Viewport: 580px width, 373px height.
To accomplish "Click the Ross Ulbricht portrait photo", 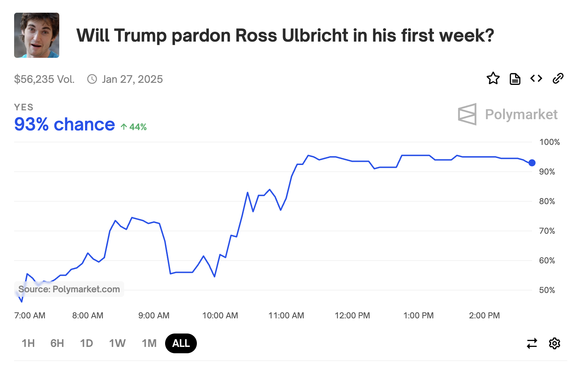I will click(x=37, y=35).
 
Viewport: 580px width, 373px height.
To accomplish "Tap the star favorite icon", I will click(x=493, y=78).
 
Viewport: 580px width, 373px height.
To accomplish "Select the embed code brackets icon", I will click(x=536, y=78).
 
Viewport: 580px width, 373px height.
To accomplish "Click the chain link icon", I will click(x=558, y=78).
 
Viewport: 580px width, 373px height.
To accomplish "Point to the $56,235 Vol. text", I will click(x=44, y=79).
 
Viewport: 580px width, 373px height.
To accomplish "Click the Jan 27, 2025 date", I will click(x=132, y=79).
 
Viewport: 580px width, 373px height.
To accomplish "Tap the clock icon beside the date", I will click(x=92, y=79).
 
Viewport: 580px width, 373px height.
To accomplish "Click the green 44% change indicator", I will click(x=134, y=127).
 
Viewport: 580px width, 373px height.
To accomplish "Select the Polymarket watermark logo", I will click(x=508, y=114).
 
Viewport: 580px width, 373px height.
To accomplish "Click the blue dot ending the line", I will click(x=532, y=163).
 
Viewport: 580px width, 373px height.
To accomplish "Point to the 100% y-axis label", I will click(x=549, y=142).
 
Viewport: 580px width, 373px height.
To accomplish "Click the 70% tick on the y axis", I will click(x=547, y=231).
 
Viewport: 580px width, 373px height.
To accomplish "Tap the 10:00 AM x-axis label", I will click(x=220, y=316).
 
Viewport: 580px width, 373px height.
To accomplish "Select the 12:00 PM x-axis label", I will click(x=352, y=316).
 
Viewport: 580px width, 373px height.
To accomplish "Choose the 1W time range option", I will click(x=117, y=343).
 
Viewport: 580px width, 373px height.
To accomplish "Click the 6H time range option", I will click(x=57, y=343).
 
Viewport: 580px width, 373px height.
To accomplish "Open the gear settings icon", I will click(x=554, y=343).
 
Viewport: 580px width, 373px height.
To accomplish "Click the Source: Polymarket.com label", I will click(x=69, y=289).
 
